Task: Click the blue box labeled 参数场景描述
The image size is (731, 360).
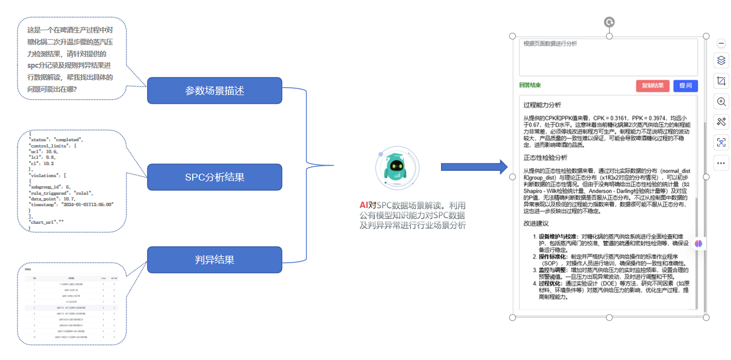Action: pos(214,91)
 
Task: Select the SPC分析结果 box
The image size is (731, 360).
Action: pos(214,177)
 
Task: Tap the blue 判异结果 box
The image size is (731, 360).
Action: pos(214,260)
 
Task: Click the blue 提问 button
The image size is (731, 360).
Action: pos(685,86)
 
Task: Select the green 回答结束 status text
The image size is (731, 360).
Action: pos(530,85)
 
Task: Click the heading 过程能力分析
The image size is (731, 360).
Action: pos(542,105)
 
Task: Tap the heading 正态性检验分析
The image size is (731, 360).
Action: pos(545,157)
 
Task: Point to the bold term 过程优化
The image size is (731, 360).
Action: pos(549,283)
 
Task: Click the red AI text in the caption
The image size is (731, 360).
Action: pos(364,205)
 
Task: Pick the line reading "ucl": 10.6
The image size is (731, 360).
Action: pos(44,152)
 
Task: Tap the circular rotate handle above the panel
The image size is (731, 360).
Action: pos(609,23)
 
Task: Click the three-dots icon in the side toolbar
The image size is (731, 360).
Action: pos(721,163)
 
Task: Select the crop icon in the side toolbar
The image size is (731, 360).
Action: pos(721,81)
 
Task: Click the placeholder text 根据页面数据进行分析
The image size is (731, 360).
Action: pos(550,44)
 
